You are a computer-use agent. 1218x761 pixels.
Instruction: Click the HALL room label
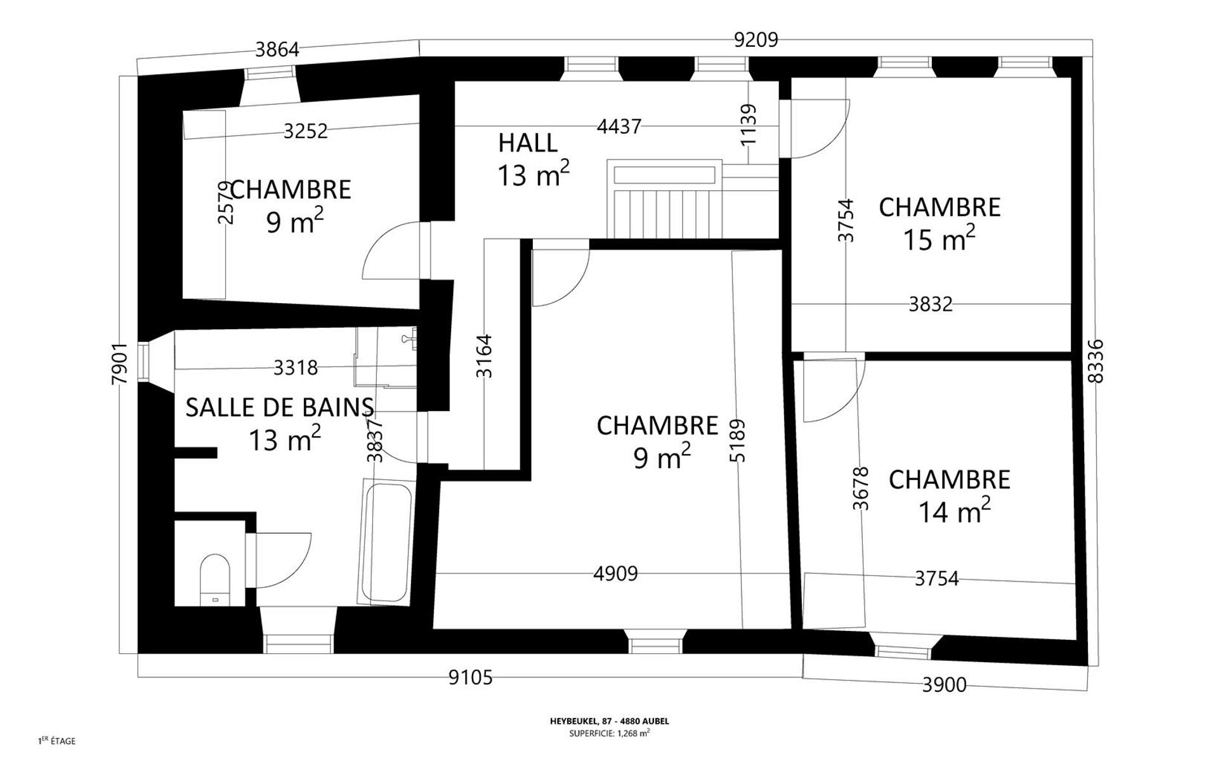point(528,143)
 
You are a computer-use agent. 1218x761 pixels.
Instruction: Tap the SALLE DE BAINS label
point(280,407)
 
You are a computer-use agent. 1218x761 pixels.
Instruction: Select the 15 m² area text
point(940,238)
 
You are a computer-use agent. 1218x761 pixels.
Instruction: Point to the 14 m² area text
point(955,511)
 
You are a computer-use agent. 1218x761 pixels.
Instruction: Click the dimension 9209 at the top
point(756,40)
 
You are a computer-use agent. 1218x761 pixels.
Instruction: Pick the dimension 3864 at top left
point(277,49)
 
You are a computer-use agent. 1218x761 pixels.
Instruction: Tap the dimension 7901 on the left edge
point(120,363)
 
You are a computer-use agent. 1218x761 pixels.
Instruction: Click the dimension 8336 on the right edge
point(1096,361)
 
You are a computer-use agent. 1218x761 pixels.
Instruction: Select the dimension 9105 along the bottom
point(471,678)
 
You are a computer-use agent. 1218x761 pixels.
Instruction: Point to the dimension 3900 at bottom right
point(945,685)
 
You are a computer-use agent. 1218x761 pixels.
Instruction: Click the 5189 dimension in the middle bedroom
point(737,440)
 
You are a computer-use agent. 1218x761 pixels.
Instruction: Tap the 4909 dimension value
point(615,574)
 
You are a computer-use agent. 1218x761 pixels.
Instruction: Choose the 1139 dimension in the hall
point(749,124)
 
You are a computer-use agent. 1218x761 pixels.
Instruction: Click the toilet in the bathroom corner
point(215,580)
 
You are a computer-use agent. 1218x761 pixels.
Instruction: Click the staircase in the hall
point(665,199)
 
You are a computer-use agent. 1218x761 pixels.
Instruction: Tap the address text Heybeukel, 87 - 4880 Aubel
point(609,721)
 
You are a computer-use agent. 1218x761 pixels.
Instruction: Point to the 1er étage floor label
point(57,741)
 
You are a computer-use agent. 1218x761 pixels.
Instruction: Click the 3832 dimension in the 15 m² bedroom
point(931,304)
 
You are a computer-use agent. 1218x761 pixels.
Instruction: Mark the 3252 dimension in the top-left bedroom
point(306,131)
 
